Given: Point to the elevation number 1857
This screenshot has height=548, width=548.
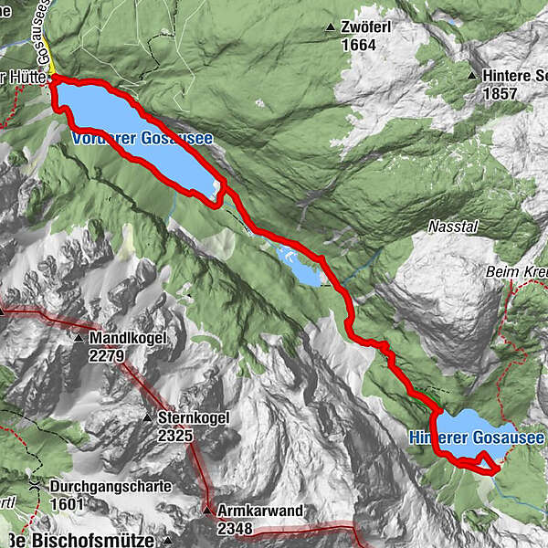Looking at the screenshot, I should coord(501,93).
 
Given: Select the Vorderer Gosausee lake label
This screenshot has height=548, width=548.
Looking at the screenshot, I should coord(142,139).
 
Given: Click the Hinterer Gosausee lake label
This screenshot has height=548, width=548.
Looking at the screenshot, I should coord(476,438).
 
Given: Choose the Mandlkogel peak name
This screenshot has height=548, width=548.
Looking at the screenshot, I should coord(127,338).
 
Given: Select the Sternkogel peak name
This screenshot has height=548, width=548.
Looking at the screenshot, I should coord(193,418).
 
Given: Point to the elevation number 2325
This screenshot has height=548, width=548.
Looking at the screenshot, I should coord(175,436).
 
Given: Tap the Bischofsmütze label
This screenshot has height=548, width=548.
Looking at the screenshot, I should coord(87,540).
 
